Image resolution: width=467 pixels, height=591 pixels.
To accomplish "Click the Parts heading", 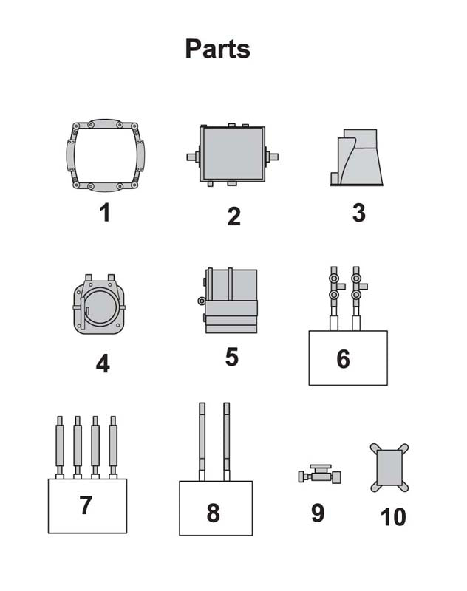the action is (217, 49).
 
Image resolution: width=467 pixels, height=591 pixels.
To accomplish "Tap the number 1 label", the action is (105, 212).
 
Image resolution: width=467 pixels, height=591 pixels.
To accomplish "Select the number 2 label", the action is (234, 216).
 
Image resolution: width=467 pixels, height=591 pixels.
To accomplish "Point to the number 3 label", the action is (359, 213).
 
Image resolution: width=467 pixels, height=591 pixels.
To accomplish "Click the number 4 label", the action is (103, 363).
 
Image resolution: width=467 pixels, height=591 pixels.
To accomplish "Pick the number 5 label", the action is (232, 357).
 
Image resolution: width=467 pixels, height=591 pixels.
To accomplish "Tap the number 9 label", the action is (318, 513).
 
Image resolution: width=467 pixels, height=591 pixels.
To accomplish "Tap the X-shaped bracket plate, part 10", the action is (389, 468).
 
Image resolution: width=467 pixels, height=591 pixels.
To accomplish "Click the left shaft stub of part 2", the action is (193, 157).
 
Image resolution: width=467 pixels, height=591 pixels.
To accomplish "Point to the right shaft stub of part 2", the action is (272, 156).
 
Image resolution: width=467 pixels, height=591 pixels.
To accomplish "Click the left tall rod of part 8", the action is (202, 442).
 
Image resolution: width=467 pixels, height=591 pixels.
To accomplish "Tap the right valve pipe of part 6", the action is (357, 298).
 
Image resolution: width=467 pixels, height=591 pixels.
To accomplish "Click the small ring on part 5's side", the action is (202, 301).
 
